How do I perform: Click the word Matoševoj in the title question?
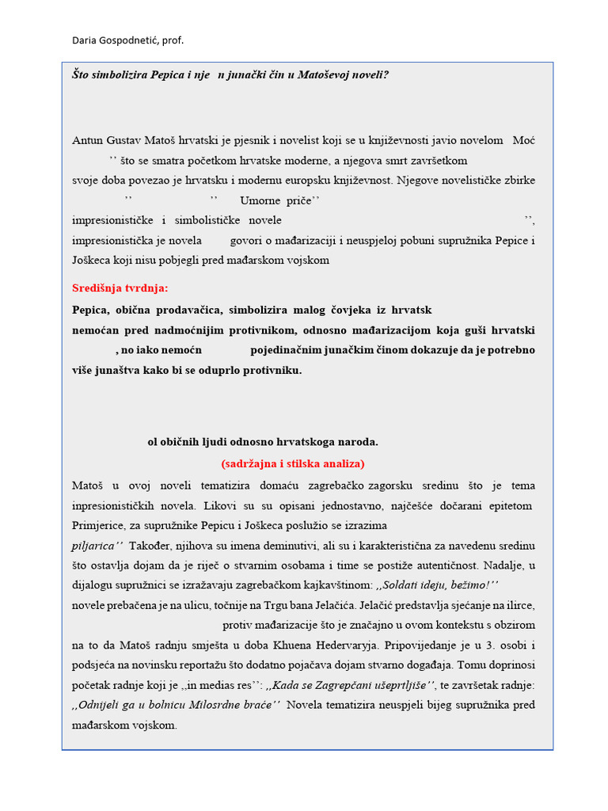(x=325, y=75)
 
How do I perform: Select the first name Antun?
(x=88, y=140)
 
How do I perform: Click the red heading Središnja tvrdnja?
(x=120, y=288)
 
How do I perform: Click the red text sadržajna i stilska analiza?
(x=292, y=463)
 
